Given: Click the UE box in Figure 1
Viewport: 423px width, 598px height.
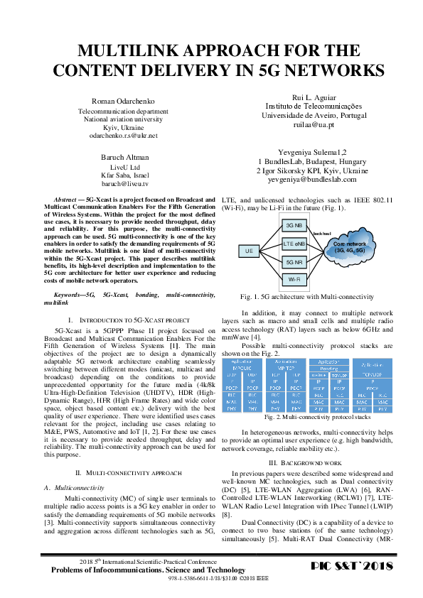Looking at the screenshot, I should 250,251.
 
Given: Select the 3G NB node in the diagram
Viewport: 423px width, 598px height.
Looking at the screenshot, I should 293,224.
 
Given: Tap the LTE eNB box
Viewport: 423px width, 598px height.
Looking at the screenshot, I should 293,244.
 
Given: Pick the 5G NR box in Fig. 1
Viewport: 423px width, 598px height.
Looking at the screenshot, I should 293,262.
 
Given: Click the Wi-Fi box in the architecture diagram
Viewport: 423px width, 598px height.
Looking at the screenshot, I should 293,281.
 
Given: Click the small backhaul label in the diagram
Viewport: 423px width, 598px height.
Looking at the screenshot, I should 322,232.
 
